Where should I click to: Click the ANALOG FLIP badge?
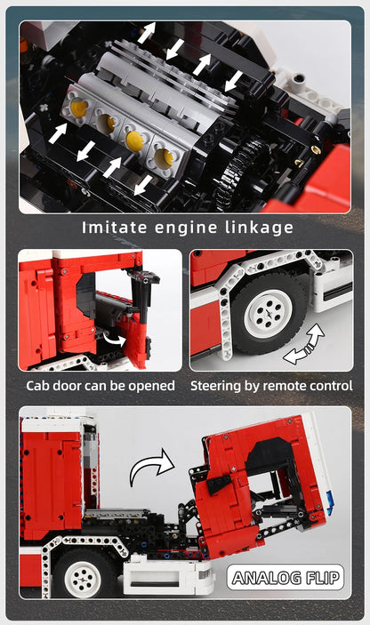[x=286, y=578]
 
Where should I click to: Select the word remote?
[x=287, y=386]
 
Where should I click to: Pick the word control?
[x=332, y=386]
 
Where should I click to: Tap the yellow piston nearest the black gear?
[x=163, y=159]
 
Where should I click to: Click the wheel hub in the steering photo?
[x=268, y=313]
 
